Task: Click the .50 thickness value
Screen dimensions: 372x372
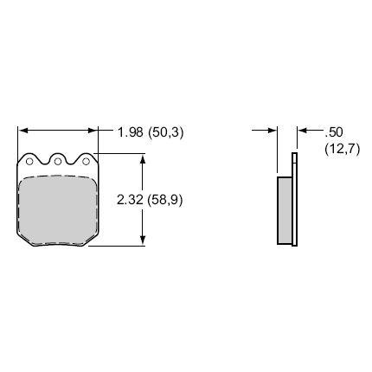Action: click(x=333, y=132)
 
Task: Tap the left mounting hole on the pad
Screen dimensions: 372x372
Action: click(x=30, y=161)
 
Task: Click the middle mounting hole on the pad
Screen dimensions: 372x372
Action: click(x=58, y=161)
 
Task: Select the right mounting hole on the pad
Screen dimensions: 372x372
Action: click(x=85, y=161)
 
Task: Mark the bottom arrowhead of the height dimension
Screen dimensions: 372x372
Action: click(x=143, y=241)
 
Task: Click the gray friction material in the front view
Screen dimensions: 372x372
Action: click(x=57, y=208)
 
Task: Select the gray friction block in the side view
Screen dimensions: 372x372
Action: click(x=285, y=210)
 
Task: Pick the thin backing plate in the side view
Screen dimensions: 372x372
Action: click(x=294, y=199)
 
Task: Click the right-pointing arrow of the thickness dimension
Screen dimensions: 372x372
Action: click(x=272, y=131)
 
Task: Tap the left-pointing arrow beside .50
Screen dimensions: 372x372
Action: click(x=303, y=131)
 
